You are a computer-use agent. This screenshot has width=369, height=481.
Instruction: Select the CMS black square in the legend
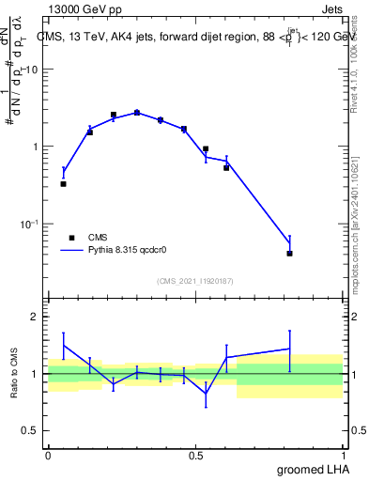coord(70,238)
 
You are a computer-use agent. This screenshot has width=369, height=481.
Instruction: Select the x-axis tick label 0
coord(48,455)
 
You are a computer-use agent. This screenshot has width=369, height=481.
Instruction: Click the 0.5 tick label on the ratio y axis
coord(31,432)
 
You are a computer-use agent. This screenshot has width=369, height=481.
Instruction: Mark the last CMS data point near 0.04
coord(290,253)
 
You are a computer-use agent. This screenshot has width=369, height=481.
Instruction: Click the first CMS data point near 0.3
coord(63,184)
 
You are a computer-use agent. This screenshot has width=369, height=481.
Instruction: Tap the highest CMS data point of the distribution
coord(136,113)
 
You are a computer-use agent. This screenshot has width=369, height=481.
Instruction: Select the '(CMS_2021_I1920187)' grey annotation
coord(195,280)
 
